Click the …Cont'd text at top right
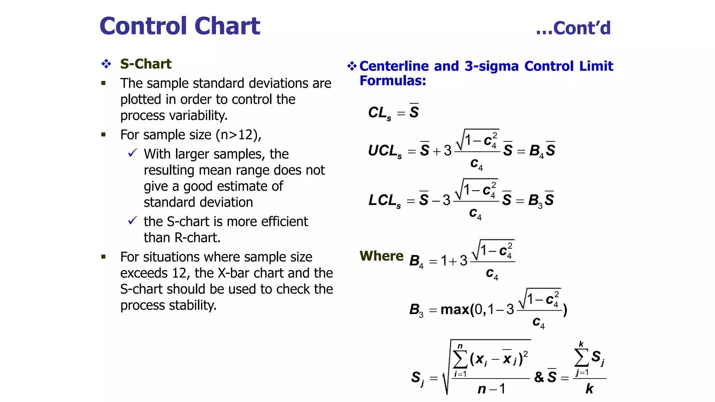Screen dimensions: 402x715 (573, 28)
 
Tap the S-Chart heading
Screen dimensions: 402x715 (146, 64)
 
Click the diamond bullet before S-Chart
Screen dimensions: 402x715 (106, 64)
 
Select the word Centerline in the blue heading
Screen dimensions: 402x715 (394, 66)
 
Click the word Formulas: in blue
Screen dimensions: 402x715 (392, 81)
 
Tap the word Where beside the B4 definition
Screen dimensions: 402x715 (381, 256)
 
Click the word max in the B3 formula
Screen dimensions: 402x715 (455, 310)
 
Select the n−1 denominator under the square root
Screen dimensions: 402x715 (491, 389)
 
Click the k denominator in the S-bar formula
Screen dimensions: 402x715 (589, 389)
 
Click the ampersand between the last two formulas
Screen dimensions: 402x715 (539, 377)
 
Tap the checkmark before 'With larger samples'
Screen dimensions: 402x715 (132, 153)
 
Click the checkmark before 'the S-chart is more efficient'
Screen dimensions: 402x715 (132, 221)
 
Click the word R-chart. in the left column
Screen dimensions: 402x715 (197, 238)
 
